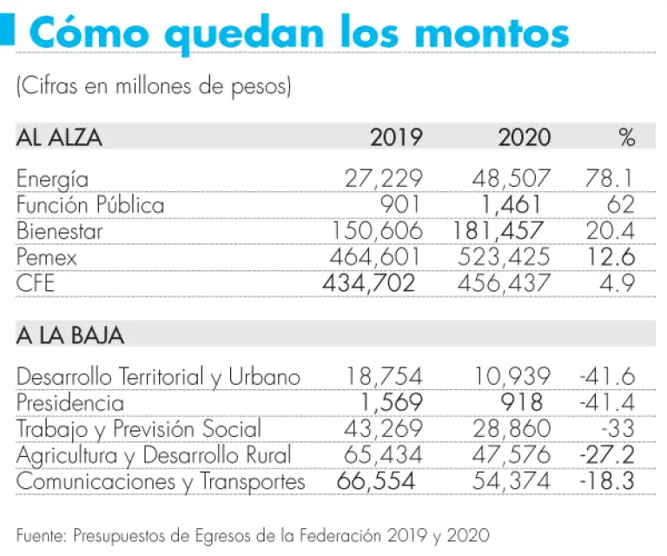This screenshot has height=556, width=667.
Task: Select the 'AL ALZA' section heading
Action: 59,137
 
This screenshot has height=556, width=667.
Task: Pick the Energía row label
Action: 52,180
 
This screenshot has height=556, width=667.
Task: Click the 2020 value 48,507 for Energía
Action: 512,180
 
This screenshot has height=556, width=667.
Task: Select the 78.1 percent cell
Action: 611,180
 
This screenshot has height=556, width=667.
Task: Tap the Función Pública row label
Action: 90,206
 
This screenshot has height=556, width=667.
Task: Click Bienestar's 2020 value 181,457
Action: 499,232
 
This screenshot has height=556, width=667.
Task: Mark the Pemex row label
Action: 47,258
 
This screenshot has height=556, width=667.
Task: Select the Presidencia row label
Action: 70,403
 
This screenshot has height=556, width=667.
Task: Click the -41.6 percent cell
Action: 607,377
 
